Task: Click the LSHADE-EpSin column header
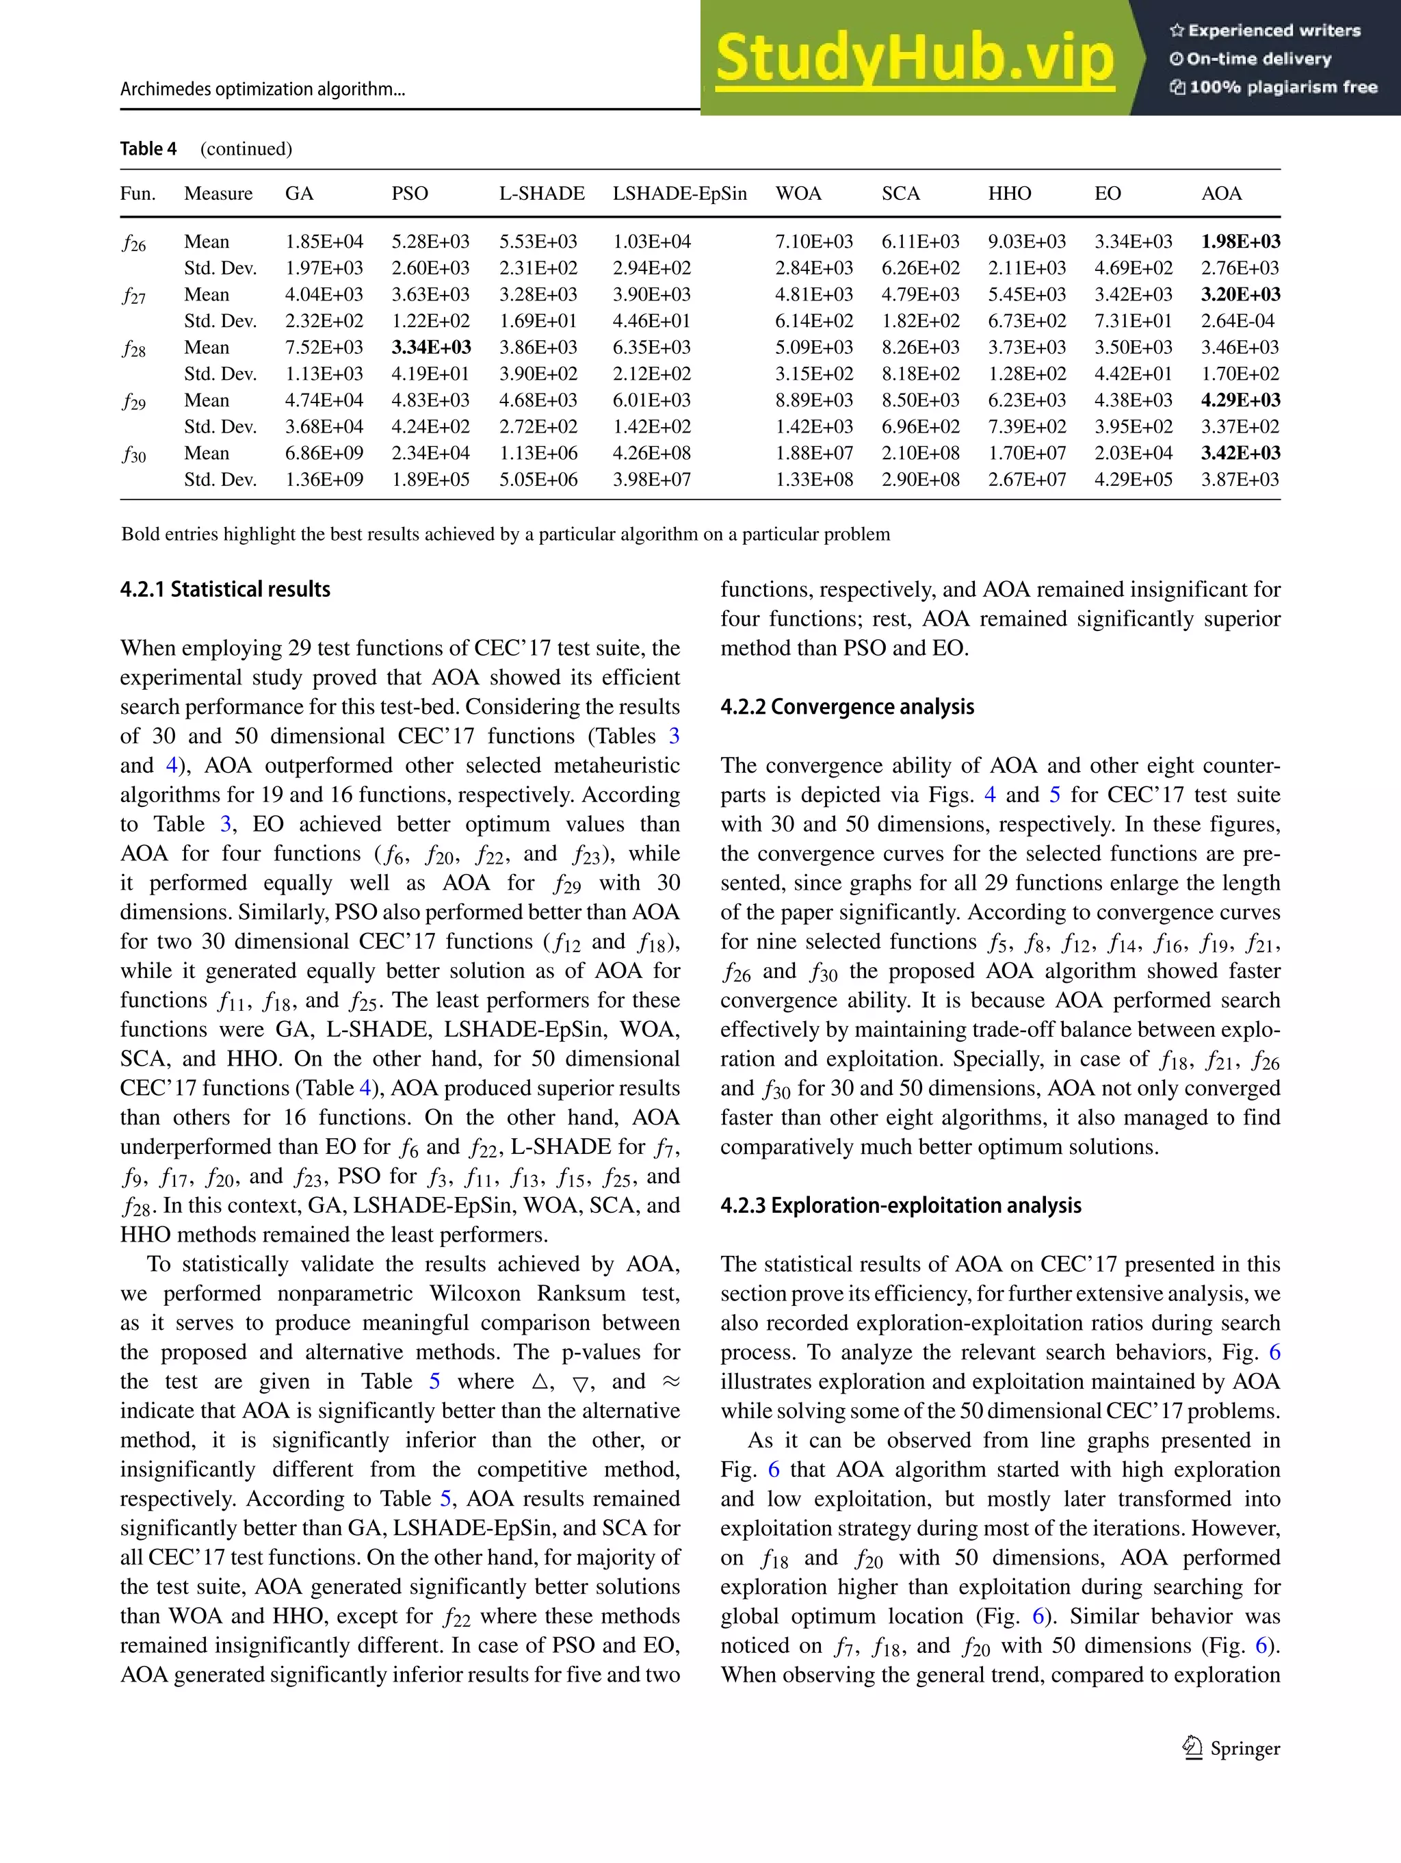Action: point(679,194)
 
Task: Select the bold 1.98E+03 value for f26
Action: point(1240,242)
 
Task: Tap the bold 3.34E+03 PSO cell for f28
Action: point(431,347)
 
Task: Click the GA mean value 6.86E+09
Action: point(324,453)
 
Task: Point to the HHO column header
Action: point(1010,194)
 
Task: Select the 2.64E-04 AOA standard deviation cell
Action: point(1238,321)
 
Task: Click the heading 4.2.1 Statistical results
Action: point(225,589)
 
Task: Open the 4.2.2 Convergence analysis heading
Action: point(847,706)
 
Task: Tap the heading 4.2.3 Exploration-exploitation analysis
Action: point(900,1205)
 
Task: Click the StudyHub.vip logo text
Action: point(915,58)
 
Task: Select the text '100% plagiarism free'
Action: point(1273,88)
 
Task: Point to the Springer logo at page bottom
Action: point(1231,1749)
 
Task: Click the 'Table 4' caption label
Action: point(148,149)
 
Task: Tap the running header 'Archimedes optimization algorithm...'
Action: point(263,89)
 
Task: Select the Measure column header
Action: point(218,194)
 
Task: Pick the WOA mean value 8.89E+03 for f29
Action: point(813,400)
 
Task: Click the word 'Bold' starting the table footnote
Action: point(138,534)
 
